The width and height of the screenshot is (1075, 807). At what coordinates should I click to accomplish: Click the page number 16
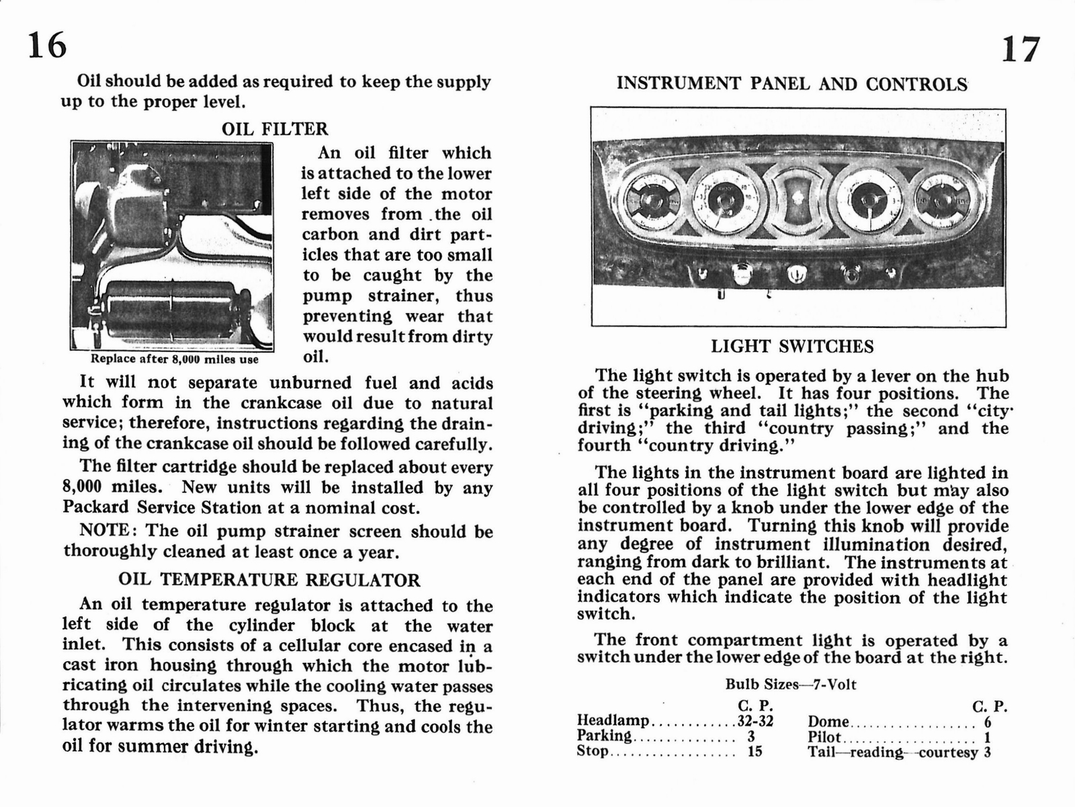47,46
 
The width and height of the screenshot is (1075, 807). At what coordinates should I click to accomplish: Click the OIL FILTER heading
275,129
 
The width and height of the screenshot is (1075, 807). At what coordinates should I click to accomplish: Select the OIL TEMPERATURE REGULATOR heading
269,580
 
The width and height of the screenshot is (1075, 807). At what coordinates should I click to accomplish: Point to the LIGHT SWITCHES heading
792,347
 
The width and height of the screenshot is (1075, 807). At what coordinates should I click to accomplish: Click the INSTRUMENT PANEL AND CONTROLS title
792,84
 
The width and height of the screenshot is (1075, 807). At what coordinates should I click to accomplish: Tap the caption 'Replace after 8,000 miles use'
175,359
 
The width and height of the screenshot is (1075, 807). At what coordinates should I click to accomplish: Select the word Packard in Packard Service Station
96,507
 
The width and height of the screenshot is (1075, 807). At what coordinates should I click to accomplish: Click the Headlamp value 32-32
755,721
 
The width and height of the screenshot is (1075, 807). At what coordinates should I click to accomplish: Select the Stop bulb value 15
755,751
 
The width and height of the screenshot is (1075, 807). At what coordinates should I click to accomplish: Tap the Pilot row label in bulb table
824,736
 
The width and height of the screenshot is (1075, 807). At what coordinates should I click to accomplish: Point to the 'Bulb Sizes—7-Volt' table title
791,685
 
